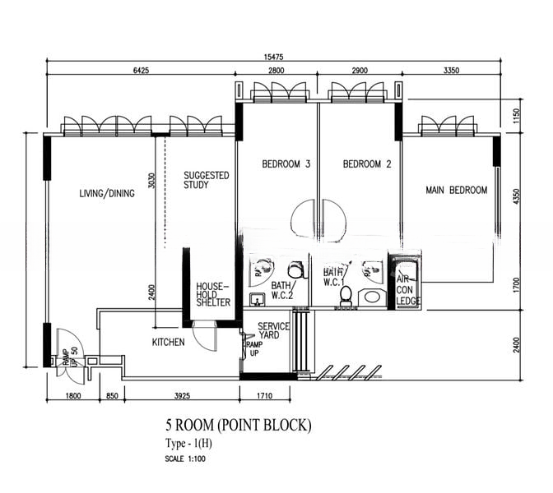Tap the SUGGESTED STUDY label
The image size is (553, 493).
point(206,180)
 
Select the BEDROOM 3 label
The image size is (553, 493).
point(286,164)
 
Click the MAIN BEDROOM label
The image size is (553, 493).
point(456,191)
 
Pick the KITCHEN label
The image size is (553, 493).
point(168,342)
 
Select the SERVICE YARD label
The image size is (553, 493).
point(273,330)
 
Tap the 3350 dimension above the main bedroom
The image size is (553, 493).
point(449,71)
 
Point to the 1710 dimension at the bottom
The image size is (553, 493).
point(264,397)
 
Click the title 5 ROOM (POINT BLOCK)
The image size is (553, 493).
point(239,426)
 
